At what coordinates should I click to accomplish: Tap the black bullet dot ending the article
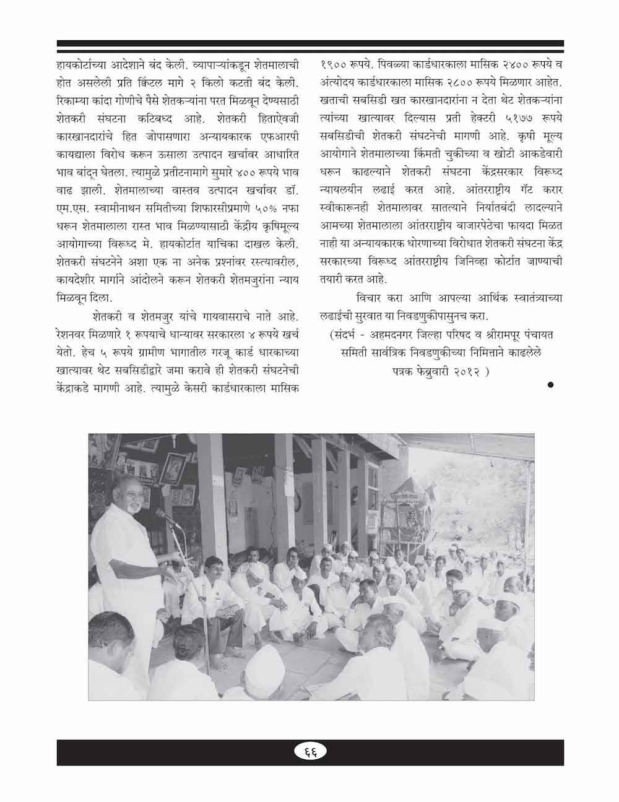pyautogui.click(x=550, y=385)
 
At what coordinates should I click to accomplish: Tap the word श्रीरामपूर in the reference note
pyautogui.click(x=484, y=335)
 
